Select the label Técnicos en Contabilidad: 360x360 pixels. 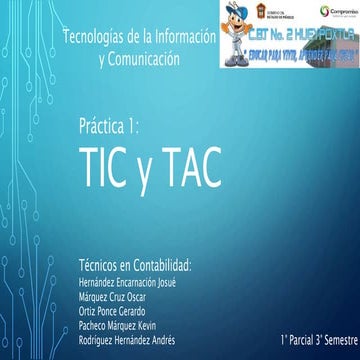pos(134,265)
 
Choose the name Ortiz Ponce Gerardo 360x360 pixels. pos(111,311)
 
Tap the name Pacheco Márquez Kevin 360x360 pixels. pos(117,325)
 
